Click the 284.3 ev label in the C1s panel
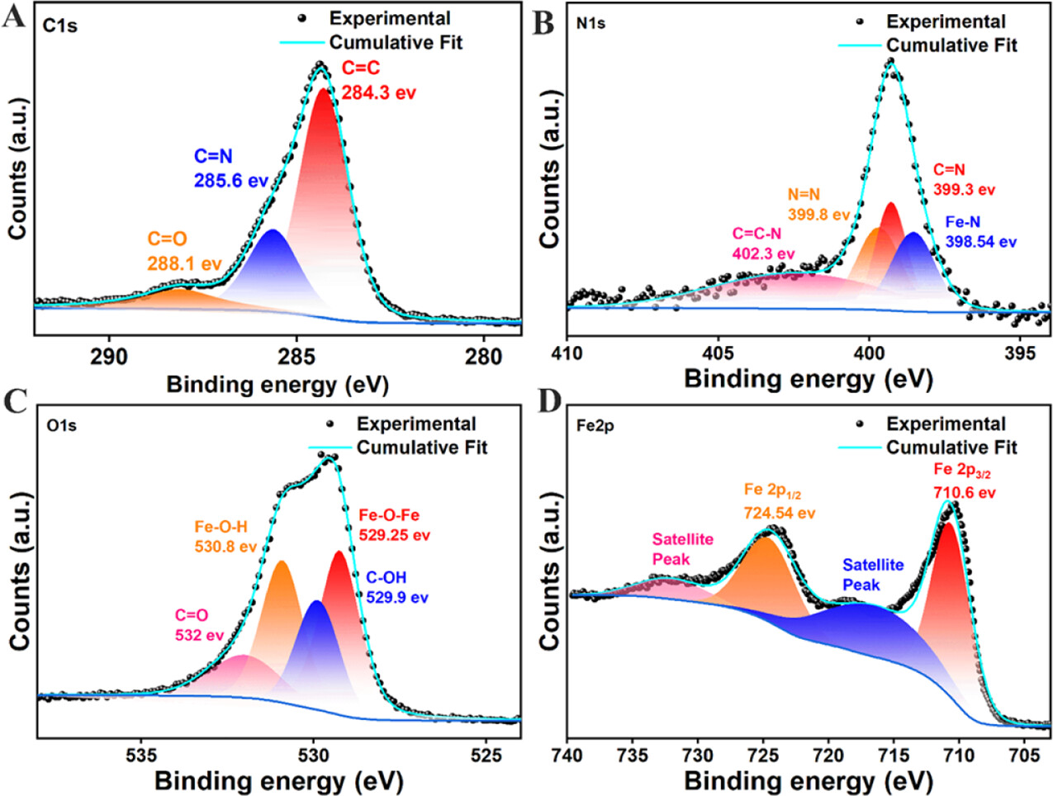378,93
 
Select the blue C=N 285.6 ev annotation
230,168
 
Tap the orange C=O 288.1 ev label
184,252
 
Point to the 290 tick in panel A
109,356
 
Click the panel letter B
543,23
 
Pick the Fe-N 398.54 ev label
980,233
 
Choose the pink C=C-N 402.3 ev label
763,244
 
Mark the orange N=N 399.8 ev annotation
818,205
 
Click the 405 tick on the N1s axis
719,353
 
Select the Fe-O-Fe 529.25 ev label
394,525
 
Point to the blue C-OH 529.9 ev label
396,587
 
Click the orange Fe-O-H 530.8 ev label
225,537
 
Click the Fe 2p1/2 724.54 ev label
779,502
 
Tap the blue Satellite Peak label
872,575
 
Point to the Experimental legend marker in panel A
302,18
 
